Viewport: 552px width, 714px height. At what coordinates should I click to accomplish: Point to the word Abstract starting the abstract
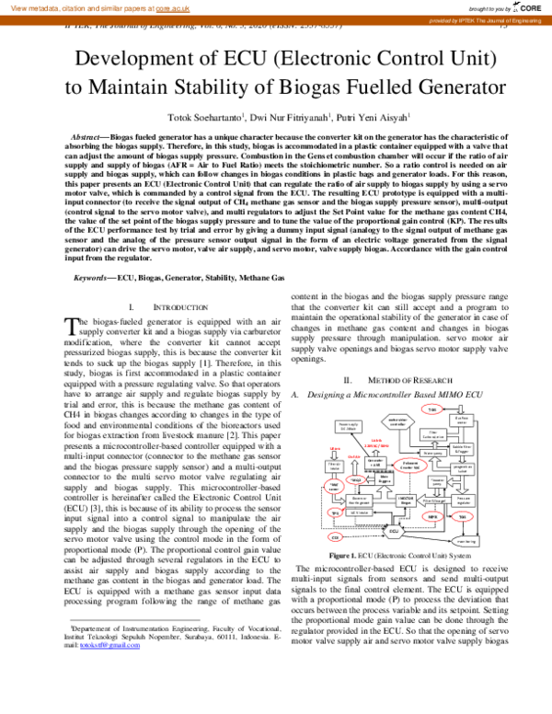pyautogui.click(x=88, y=135)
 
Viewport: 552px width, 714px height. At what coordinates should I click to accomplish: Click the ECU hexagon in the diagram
pyautogui.click(x=392, y=531)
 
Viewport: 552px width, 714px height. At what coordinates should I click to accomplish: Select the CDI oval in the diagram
pyautogui.click(x=336, y=536)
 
